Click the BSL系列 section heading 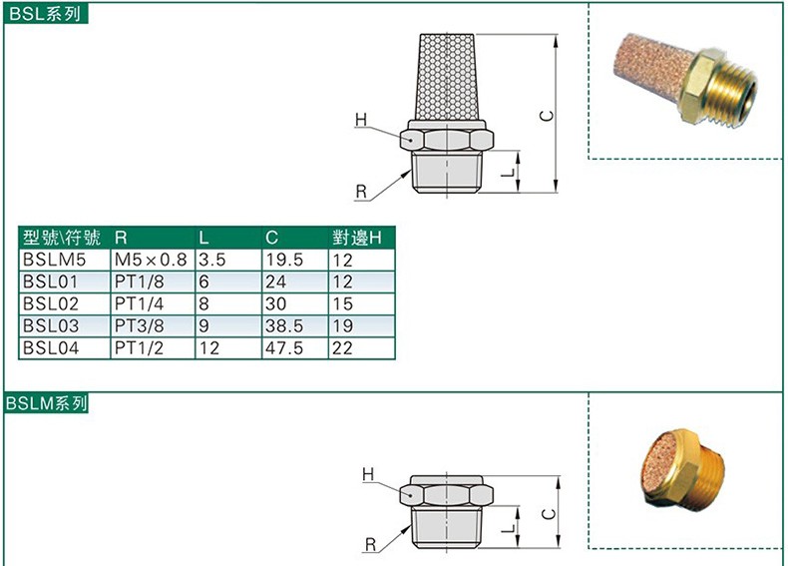[x=45, y=14]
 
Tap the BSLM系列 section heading [x=46, y=403]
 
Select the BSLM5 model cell [x=54, y=260]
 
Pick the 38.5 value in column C [x=284, y=326]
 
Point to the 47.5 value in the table [x=284, y=348]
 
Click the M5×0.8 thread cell [x=151, y=260]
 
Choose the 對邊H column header [x=357, y=238]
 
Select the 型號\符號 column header [x=62, y=238]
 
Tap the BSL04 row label [x=51, y=348]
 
